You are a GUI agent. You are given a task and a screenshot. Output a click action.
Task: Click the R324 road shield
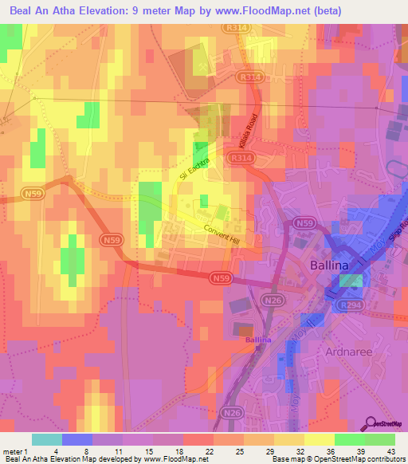(251, 77)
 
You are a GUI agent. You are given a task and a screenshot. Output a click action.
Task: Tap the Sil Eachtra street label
(189, 168)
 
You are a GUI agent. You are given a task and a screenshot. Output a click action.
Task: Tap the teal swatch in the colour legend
(46, 439)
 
